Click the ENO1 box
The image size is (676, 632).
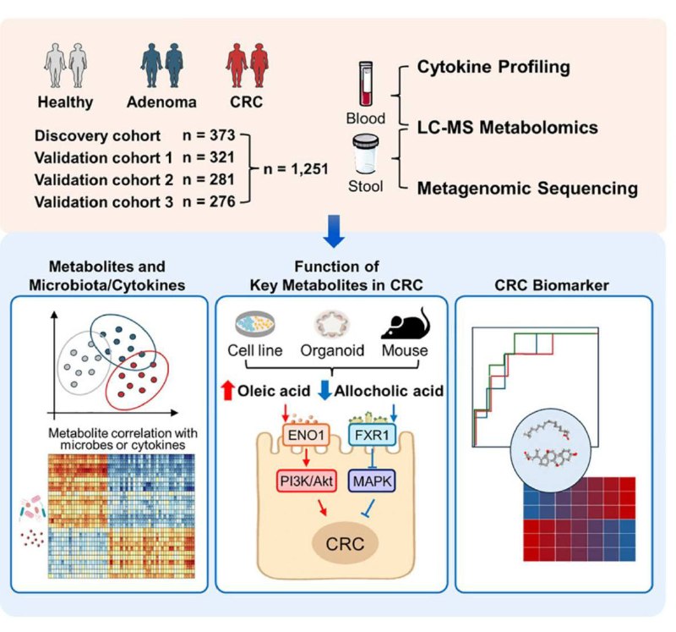tap(306, 435)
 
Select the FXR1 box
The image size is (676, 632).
tap(372, 435)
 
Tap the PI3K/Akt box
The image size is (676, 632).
tap(306, 481)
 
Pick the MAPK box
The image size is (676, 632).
tap(372, 481)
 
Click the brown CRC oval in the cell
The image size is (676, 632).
tap(345, 543)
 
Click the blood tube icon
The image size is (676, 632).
tap(366, 83)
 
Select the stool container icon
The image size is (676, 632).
tap(366, 154)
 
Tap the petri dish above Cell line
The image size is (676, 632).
tap(255, 324)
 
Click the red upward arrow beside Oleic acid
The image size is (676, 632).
tap(227, 390)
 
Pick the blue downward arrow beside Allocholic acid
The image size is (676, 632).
tap(325, 390)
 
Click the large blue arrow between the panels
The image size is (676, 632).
tap(334, 231)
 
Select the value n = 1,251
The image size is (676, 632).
tap(296, 169)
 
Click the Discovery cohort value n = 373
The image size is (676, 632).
tap(209, 135)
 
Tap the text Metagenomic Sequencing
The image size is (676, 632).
tap(527, 189)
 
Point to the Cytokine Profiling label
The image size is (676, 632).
tap(493, 67)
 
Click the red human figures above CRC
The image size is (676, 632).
tap(247, 65)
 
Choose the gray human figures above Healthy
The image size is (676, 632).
tap(66, 65)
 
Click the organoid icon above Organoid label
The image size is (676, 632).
tap(332, 324)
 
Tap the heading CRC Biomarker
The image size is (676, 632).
tap(552, 285)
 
